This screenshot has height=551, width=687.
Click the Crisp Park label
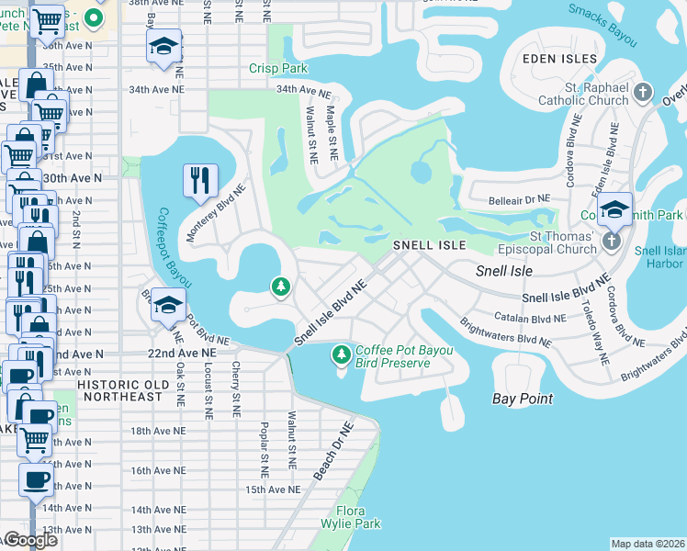coord(274,69)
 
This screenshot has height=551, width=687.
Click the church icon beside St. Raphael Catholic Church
coord(643,92)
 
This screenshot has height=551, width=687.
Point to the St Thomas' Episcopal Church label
coord(553,242)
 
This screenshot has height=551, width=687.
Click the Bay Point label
coord(523,399)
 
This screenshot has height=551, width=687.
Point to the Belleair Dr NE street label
coord(518,197)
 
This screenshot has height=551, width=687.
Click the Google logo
coord(29,541)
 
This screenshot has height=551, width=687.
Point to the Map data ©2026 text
coord(648,544)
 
